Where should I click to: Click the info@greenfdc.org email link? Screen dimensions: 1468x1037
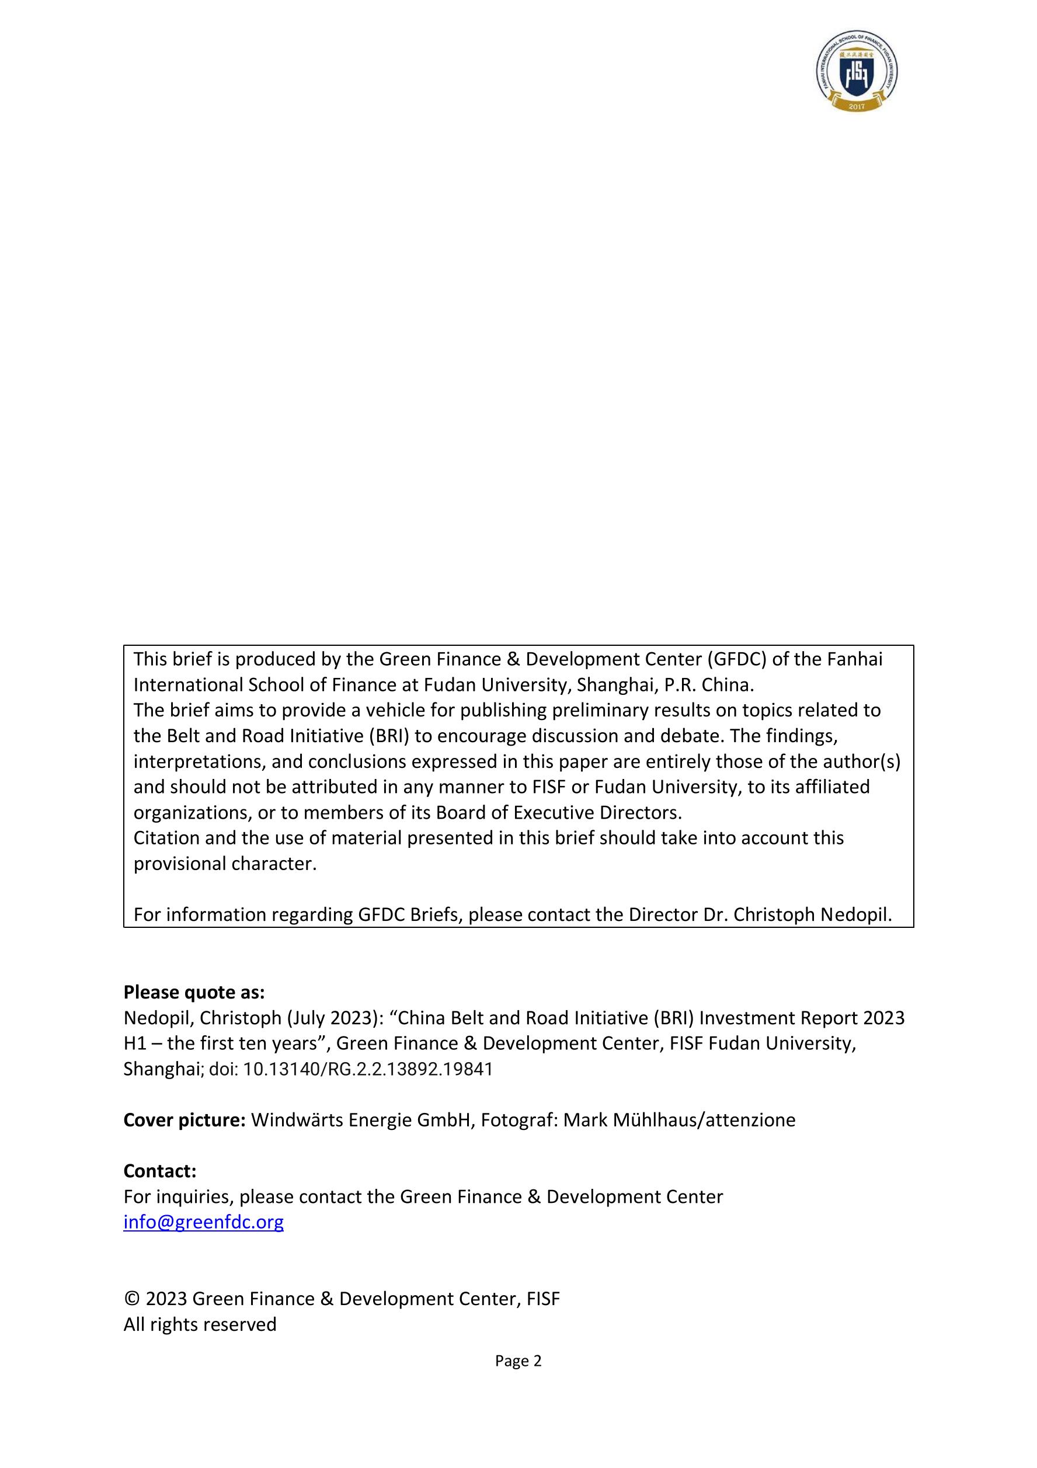point(203,1222)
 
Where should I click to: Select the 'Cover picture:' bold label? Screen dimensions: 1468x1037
point(184,1119)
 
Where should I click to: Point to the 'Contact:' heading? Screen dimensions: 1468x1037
point(160,1171)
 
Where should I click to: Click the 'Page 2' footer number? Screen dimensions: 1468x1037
point(518,1361)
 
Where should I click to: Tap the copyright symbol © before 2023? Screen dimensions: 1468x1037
point(132,1299)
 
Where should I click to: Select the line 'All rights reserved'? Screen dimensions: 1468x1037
point(200,1324)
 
